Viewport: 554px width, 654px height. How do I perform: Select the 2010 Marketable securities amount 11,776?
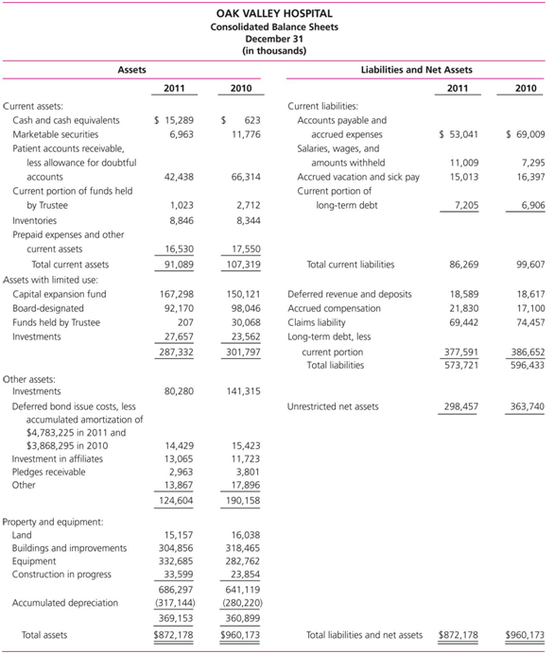(245, 135)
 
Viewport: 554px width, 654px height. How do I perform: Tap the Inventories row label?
(34, 219)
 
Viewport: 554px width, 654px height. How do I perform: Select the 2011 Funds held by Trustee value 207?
(184, 322)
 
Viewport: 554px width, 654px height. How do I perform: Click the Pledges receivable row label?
(48, 472)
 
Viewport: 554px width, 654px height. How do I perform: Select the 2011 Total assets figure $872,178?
(173, 635)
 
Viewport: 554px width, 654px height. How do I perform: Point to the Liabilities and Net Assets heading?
(417, 70)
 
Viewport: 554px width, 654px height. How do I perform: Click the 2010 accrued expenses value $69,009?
(526, 135)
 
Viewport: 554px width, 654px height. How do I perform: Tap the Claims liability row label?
(318, 322)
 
